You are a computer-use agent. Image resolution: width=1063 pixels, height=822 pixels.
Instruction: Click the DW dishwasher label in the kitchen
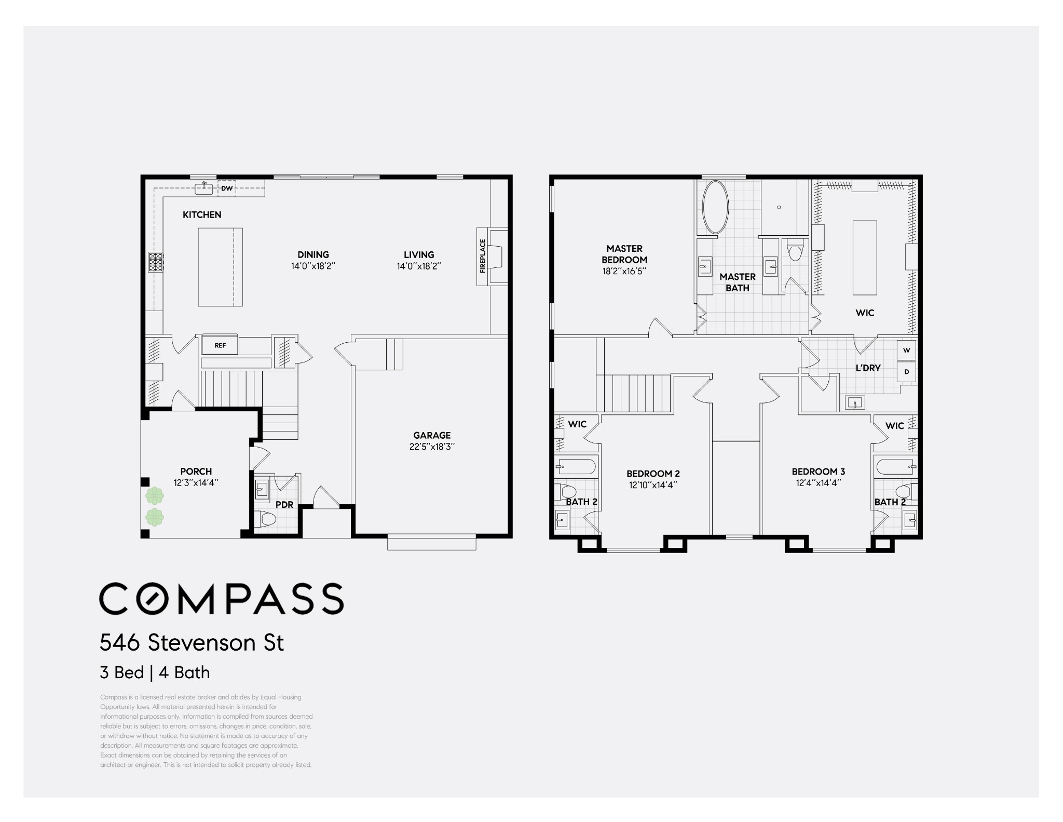(x=227, y=188)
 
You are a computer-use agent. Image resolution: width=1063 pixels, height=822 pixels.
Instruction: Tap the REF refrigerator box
(x=220, y=345)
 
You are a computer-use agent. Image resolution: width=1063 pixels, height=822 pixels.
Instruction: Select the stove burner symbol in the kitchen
(x=156, y=262)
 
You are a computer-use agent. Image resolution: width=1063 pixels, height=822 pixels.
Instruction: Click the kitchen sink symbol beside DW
(x=205, y=188)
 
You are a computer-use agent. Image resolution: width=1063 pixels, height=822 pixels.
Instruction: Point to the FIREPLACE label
(x=483, y=256)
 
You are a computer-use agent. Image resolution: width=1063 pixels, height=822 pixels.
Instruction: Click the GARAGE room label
(x=432, y=435)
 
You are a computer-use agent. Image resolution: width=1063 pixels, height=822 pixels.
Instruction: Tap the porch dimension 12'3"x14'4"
(x=196, y=482)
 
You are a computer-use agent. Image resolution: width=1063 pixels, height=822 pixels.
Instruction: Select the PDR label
(x=284, y=505)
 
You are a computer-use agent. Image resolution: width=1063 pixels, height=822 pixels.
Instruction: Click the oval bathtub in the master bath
(x=716, y=207)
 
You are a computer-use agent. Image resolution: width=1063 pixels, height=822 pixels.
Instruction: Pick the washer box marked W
(x=907, y=350)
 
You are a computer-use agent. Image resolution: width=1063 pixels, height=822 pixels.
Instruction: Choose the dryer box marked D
(x=907, y=372)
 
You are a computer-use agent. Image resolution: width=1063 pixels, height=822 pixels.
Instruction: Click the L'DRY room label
(x=868, y=368)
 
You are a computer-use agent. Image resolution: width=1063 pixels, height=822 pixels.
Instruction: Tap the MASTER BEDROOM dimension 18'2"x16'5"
(x=624, y=271)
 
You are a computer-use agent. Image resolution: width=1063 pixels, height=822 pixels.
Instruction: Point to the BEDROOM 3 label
(x=819, y=471)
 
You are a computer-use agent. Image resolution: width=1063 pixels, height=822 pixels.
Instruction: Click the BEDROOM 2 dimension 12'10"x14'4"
(x=653, y=485)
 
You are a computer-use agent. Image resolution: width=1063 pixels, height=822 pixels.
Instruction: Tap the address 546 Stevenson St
(x=192, y=643)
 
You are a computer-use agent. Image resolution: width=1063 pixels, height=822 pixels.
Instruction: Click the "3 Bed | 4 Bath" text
(x=155, y=672)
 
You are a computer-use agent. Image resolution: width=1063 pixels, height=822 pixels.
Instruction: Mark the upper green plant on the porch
(x=155, y=496)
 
